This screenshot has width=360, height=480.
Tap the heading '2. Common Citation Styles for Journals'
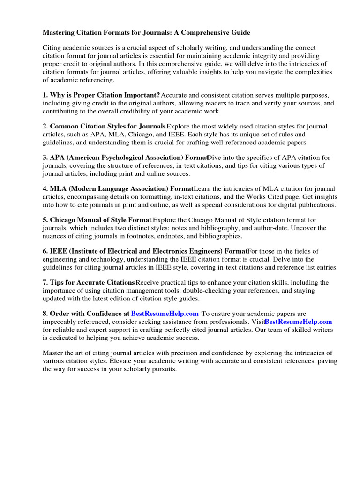pyautogui.click(x=104, y=126)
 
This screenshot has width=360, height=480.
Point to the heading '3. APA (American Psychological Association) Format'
pyautogui.click(x=125, y=157)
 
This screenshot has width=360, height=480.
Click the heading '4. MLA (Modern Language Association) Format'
pyautogui.click(x=118, y=189)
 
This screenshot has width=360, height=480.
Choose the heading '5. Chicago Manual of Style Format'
pyautogui.click(x=97, y=220)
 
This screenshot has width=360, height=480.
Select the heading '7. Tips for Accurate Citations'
pyautogui.click(x=89, y=282)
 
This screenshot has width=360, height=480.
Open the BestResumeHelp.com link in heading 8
pyautogui.click(x=165, y=314)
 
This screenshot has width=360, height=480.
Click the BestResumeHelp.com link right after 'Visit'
pyautogui.click(x=299, y=322)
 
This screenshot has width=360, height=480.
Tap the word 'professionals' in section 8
pyautogui.click(x=231, y=322)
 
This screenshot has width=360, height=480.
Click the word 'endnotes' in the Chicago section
pyautogui.click(x=175, y=236)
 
